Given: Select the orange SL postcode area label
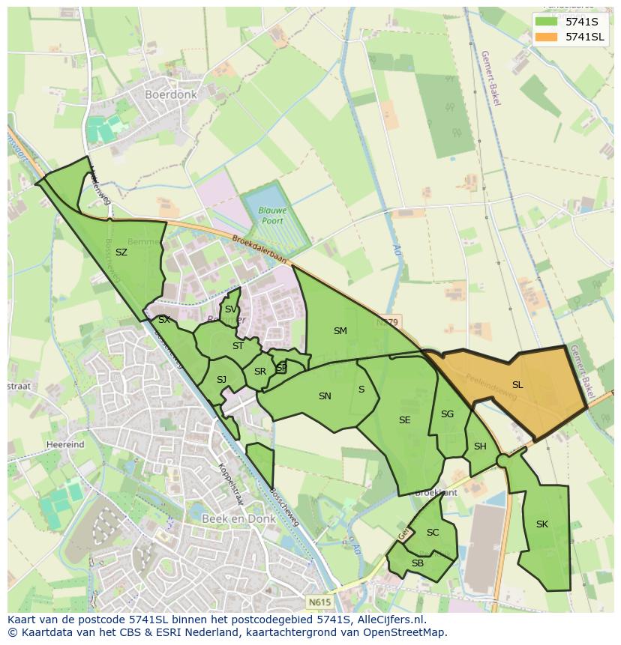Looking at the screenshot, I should [x=517, y=385].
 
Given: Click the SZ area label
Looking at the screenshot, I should [x=121, y=252].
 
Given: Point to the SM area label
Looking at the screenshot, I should [x=340, y=331].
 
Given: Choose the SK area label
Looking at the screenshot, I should [x=542, y=524].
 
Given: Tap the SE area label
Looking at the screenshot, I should [x=405, y=420].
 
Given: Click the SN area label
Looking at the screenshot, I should [x=325, y=396].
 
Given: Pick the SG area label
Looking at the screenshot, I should [x=448, y=414].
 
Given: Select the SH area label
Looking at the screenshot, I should [x=480, y=446].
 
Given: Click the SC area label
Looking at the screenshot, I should [x=433, y=533].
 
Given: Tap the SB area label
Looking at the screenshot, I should [x=418, y=563].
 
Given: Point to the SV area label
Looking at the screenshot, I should [x=230, y=309].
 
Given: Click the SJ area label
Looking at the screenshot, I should [x=221, y=380].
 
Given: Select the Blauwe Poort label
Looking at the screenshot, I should [x=273, y=216].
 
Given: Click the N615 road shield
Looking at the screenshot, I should [x=318, y=601].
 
